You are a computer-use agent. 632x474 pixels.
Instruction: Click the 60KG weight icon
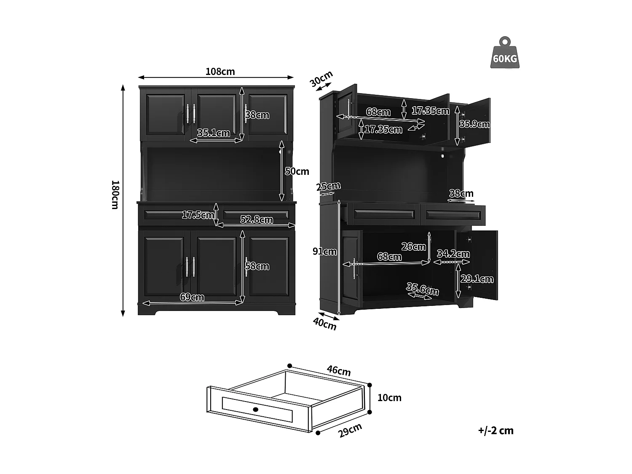coord(505,54)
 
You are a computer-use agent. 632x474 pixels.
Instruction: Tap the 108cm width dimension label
coord(220,72)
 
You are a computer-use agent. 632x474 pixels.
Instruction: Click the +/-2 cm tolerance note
coord(496,431)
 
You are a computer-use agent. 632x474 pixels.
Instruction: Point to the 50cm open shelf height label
coord(297,171)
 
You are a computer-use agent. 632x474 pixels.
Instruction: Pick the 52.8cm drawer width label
coord(256,220)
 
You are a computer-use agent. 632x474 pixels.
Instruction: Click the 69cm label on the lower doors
coord(192,297)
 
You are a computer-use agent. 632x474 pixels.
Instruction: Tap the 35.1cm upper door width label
coord(214,133)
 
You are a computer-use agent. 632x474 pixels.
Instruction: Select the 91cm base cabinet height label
coord(324,252)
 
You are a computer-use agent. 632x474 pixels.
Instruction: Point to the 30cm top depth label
coord(321,79)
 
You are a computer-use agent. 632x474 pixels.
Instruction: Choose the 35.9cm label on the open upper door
coord(474,124)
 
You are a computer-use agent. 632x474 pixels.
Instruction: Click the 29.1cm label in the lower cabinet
coord(477,279)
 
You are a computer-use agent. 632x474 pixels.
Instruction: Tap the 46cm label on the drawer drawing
coord(339,370)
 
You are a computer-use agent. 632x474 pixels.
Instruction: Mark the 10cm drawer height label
coord(389,398)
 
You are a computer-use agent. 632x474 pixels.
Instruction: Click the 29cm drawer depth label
coord(350,430)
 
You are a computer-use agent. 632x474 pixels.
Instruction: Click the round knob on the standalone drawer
coord(255,409)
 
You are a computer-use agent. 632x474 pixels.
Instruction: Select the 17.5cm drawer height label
coord(197,215)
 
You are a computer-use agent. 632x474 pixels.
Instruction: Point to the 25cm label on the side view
coord(328,186)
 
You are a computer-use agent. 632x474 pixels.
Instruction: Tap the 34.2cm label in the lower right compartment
coord(453,254)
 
